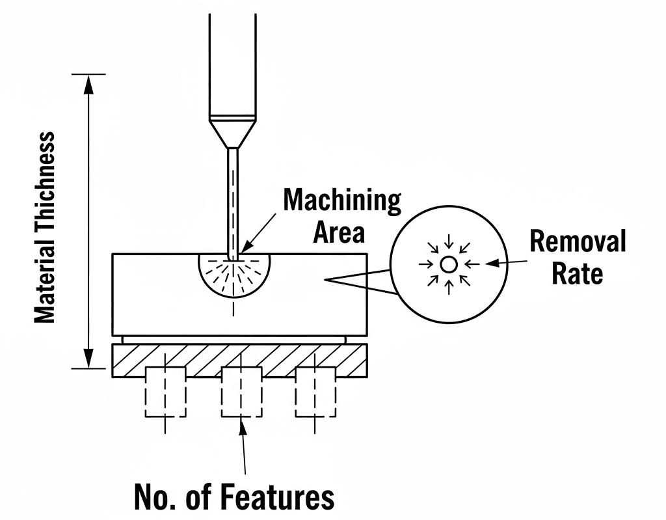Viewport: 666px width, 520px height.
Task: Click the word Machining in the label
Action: tap(342, 201)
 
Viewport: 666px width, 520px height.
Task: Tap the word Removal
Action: tap(578, 241)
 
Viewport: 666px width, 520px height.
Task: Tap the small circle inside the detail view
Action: tap(447, 264)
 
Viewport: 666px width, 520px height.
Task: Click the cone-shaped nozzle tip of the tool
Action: tap(232, 133)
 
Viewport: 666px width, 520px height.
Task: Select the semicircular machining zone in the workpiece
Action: tap(233, 277)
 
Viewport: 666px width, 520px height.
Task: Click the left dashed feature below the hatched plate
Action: tap(165, 392)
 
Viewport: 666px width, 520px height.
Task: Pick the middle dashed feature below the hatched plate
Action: tap(241, 392)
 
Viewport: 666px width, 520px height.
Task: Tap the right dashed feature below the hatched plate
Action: tap(316, 392)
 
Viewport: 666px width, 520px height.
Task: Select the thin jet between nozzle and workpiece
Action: tap(232, 202)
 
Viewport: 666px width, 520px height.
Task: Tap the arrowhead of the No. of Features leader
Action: tap(242, 427)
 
